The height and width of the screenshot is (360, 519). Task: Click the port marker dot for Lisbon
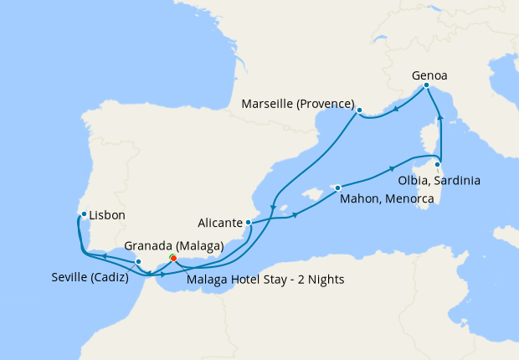(84, 213)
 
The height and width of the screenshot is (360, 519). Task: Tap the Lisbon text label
(107, 215)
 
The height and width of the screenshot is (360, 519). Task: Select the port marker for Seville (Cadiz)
(138, 262)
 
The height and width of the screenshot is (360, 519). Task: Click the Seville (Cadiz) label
(87, 278)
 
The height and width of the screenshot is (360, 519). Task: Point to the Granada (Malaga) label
(173, 246)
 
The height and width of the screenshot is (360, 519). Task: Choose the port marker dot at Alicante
(248, 222)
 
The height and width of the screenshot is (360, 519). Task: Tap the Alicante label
(220, 224)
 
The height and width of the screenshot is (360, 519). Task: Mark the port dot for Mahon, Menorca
(337, 188)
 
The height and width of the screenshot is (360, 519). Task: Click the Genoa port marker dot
(426, 85)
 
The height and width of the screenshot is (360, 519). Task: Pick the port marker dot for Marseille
(359, 110)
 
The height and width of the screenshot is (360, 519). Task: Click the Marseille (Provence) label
(297, 104)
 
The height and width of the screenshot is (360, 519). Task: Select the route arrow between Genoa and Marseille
(395, 108)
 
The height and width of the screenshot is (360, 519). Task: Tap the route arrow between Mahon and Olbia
(393, 169)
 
